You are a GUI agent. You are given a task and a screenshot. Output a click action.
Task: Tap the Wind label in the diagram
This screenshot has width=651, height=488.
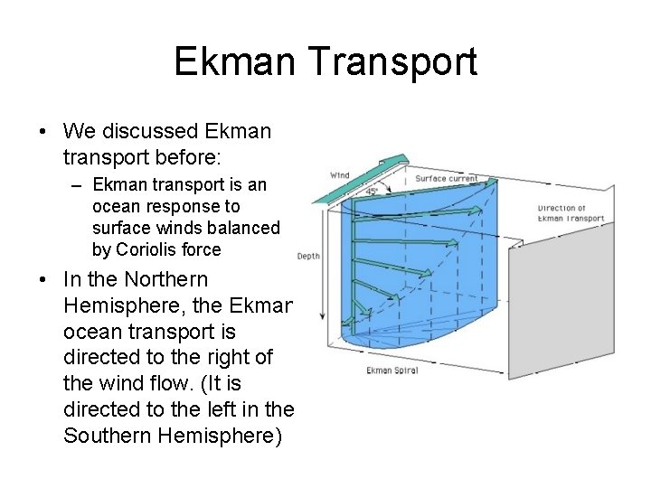pos(340,174)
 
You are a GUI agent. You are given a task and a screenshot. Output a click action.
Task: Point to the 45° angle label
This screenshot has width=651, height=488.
pos(372,192)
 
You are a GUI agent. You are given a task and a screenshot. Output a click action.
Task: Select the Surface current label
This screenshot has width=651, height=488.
pos(447,178)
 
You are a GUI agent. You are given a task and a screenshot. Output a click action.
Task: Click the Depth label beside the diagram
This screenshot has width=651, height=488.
pos(308,257)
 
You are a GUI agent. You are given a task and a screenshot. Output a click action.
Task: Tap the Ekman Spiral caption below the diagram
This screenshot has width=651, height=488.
pos(392,371)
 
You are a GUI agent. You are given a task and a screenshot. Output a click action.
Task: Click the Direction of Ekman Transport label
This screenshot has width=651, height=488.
pos(571,212)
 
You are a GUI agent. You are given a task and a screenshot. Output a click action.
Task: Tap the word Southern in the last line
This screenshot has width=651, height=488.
pos(108,436)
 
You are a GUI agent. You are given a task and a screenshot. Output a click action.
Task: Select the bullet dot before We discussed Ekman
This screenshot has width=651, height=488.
pos(43,132)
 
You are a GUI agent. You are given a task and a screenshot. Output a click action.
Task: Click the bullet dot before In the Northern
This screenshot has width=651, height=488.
pos(43,280)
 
